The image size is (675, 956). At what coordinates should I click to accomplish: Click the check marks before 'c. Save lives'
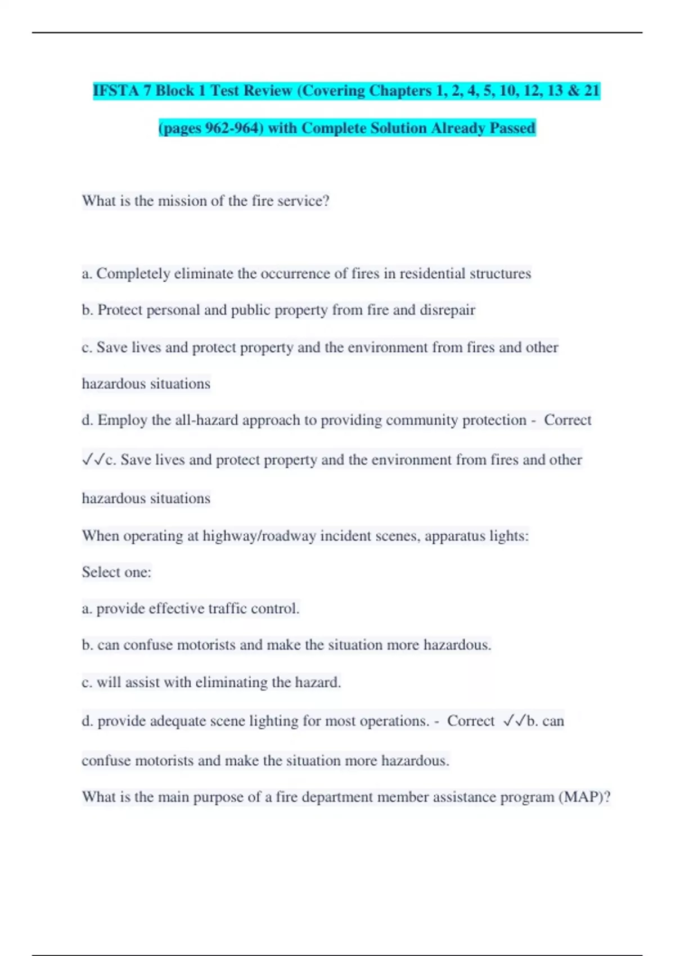(93, 459)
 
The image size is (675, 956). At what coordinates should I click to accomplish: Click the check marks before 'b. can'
(514, 720)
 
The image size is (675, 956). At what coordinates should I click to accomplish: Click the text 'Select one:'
(116, 572)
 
